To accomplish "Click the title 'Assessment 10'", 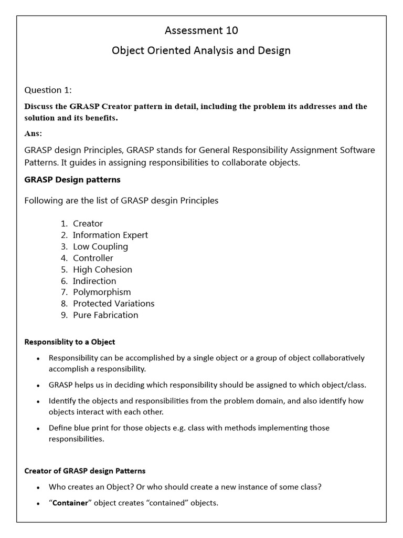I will point(201,30).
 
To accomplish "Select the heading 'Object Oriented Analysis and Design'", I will point(201,51).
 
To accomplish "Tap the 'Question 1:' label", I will point(51,90).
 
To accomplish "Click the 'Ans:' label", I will point(34,133).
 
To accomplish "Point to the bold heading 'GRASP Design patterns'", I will point(72,180).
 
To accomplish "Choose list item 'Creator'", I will point(88,223).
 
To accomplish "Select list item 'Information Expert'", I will point(110,235).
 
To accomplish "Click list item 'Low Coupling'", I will point(100,246).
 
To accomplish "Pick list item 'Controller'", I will point(93,258).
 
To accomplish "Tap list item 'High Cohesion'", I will point(102,270).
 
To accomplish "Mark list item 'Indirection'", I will point(94,281).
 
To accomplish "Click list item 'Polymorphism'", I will point(102,292).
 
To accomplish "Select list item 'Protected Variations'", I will point(113,304).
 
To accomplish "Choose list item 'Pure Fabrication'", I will point(105,315).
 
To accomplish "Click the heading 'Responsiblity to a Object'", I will point(70,342).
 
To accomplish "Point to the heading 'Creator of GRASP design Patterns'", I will point(85,471).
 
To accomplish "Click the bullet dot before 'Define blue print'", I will point(38,429).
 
